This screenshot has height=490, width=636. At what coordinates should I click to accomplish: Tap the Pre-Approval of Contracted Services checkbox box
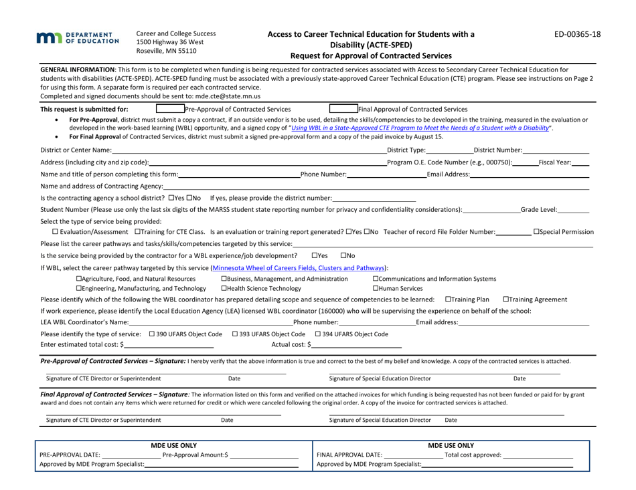[x=169, y=90]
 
